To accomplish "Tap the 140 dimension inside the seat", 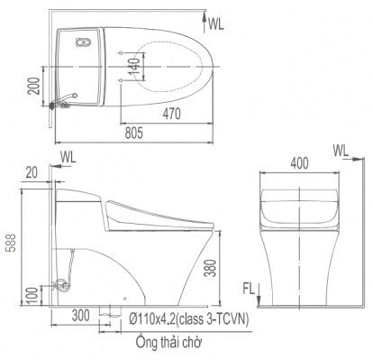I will tap(134, 65).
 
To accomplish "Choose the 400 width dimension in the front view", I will tap(298, 164).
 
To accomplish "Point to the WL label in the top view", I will tap(215, 24).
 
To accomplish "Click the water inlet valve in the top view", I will tap(59, 105).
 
